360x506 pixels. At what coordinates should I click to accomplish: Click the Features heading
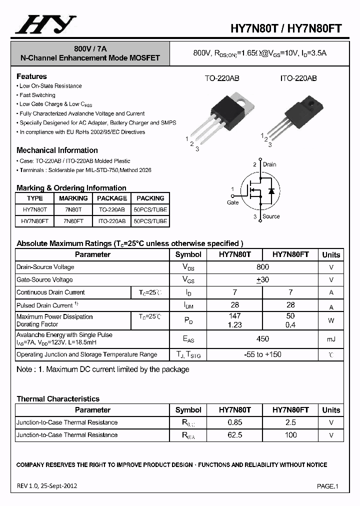(x=31, y=76)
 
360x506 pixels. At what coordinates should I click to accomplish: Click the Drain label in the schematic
(x=269, y=164)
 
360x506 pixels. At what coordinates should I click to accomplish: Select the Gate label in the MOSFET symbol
(x=233, y=202)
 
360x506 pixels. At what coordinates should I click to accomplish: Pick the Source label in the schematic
(x=271, y=216)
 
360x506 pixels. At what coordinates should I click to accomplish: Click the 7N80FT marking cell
(x=73, y=221)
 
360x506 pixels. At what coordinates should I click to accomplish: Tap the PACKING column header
(x=150, y=198)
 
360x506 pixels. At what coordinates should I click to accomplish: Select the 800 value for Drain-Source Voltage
(x=262, y=267)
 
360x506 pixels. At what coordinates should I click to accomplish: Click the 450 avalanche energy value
(x=262, y=339)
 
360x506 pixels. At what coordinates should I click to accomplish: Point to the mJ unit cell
(x=331, y=339)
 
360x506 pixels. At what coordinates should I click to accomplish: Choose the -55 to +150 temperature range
(x=262, y=354)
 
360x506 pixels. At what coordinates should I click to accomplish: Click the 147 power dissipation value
(x=234, y=316)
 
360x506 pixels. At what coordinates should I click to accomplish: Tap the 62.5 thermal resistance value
(x=234, y=435)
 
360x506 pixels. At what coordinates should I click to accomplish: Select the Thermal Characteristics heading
(x=58, y=399)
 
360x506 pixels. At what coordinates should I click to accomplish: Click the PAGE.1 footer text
(x=328, y=486)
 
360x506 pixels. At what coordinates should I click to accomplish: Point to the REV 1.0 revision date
(x=47, y=485)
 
